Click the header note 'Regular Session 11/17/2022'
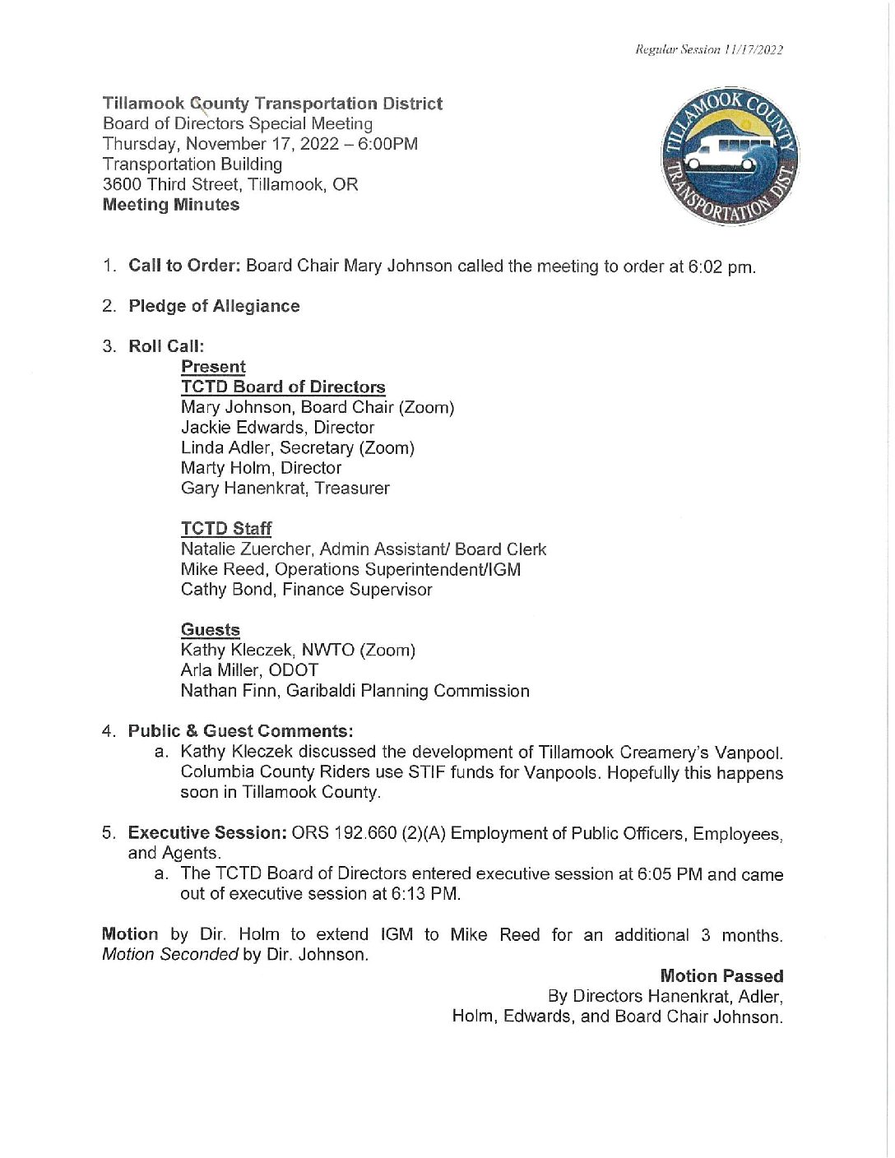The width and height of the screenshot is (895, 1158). coord(708,49)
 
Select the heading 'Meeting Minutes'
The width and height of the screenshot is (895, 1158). coord(171,205)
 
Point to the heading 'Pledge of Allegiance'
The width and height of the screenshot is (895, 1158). coord(214,306)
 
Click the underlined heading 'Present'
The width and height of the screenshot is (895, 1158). coord(213,367)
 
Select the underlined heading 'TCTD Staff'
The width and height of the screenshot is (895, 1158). coord(226,529)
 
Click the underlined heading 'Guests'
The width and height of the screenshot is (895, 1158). coord(211,630)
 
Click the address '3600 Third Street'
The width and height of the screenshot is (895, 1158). coord(170,184)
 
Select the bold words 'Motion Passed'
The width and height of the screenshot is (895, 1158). coord(721,976)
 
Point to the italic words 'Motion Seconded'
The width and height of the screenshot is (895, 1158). coord(169,955)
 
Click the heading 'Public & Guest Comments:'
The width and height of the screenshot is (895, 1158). coord(240,731)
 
